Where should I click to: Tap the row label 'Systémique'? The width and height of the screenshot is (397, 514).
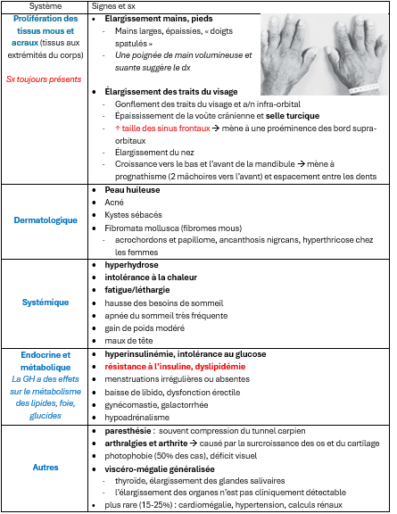45,303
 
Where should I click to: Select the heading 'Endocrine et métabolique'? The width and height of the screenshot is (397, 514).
45,360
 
